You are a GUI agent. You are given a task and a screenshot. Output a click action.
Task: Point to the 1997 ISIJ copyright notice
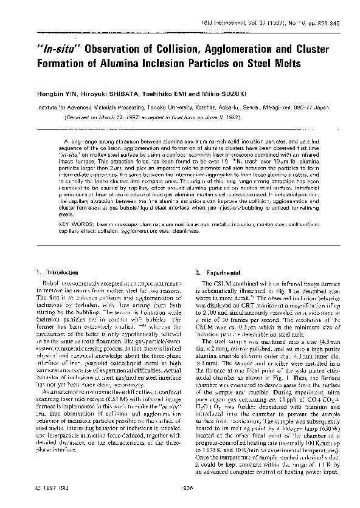click(x=38, y=486)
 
